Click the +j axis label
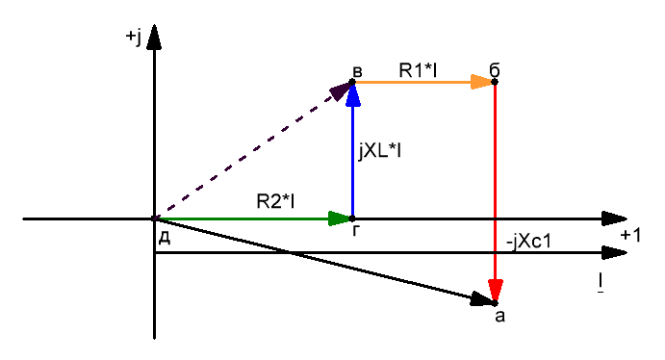[x=133, y=37]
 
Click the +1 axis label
[x=630, y=235]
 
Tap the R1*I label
[x=418, y=70]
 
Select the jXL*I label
[x=380, y=151]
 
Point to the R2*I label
[x=275, y=201]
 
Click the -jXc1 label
[x=529, y=242]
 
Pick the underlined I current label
[x=601, y=283]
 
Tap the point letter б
[x=494, y=70]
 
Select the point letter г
[x=356, y=230]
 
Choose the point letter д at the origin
[x=165, y=239]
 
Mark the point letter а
[x=500, y=316]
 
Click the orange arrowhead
[x=482, y=82]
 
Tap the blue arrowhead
[x=353, y=94]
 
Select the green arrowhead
[x=340, y=219]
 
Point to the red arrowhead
[x=495, y=291]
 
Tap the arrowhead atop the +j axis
[x=154, y=37]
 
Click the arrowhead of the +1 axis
[x=615, y=219]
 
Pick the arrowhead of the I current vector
[x=615, y=253]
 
